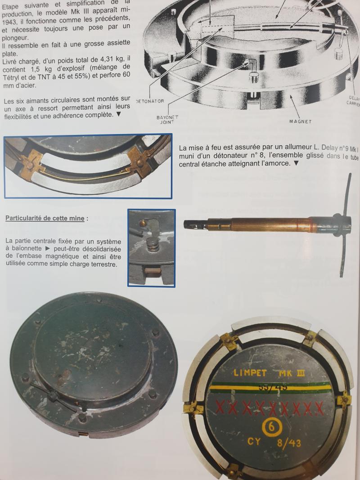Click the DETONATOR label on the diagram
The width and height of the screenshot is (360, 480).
click(150, 101)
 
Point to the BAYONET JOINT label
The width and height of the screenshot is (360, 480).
click(167, 120)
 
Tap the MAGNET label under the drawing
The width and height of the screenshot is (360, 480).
click(300, 121)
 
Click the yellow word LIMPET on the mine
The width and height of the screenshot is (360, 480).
click(250, 373)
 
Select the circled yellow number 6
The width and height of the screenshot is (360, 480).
click(271, 427)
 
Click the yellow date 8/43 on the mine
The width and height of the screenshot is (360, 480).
click(289, 443)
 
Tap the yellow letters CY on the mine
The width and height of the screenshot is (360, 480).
click(254, 441)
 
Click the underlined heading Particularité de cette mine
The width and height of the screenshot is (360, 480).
click(45, 218)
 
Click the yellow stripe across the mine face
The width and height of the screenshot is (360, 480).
click(270, 387)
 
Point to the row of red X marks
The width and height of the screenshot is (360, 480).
click(270, 407)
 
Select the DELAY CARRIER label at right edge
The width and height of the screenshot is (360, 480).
click(354, 100)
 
